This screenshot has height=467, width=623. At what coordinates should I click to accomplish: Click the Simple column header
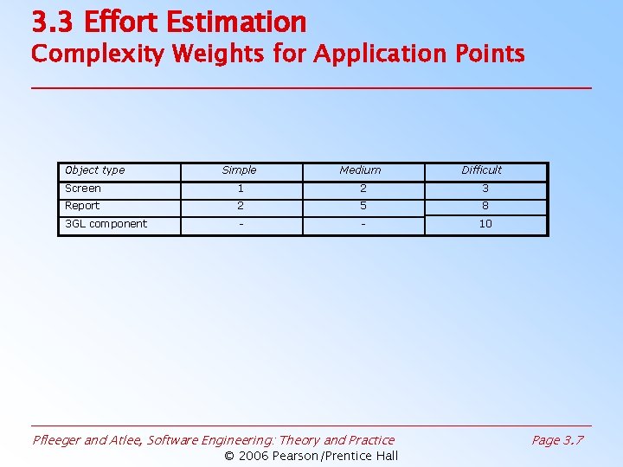coord(240,170)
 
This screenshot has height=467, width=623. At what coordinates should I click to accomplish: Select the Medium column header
coord(360,170)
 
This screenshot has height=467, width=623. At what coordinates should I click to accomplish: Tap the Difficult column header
coord(482,170)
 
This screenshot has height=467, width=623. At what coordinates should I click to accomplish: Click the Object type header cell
coord(95,170)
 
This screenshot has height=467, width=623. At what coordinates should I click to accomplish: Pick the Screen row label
coord(83,189)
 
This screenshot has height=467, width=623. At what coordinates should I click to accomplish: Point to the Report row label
coord(82,206)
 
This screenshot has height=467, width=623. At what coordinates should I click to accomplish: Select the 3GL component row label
coord(106,224)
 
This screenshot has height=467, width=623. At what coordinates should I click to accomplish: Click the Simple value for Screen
coord(241,189)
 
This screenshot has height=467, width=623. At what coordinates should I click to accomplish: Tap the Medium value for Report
coord(363,206)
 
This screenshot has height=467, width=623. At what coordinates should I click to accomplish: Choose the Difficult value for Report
coord(485,206)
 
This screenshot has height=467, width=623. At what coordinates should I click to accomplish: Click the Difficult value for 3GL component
coord(485,224)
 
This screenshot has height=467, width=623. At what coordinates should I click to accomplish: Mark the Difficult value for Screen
coord(485,189)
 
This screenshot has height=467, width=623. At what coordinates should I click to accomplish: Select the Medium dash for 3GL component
coord(363,224)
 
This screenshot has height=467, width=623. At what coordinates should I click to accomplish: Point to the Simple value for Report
coord(241,206)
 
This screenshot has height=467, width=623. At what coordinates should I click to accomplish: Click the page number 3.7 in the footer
coord(573,440)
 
